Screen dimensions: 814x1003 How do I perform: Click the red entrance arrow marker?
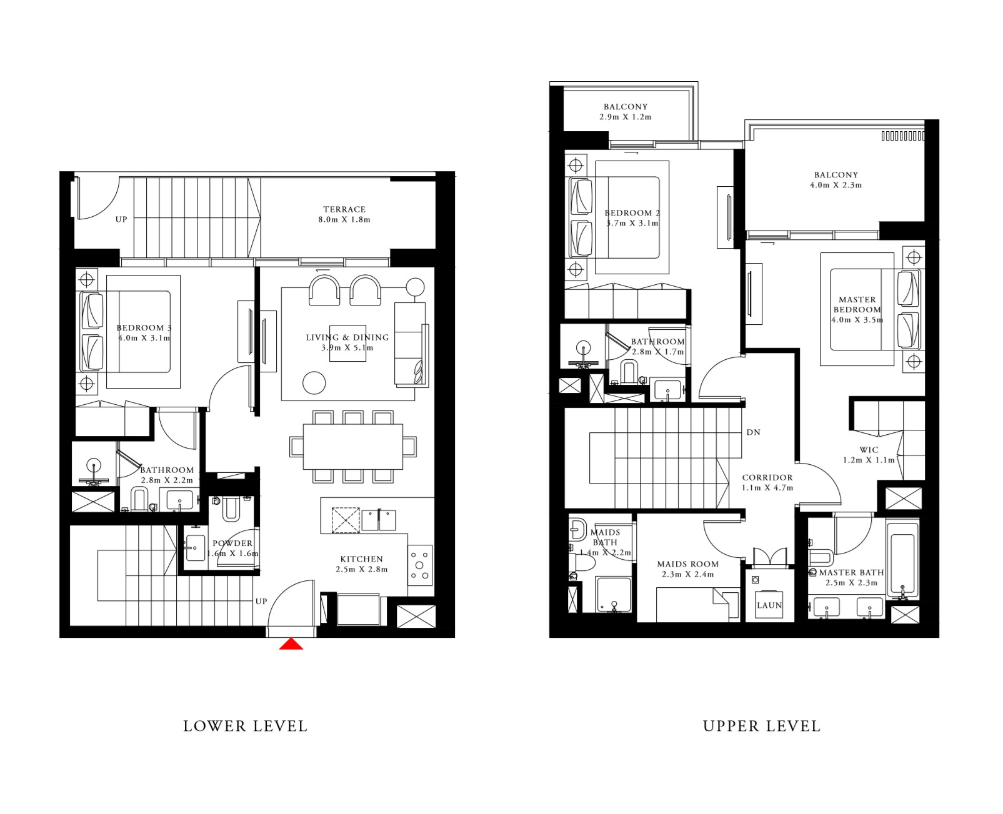click(291, 644)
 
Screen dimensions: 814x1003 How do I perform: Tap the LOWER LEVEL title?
click(245, 726)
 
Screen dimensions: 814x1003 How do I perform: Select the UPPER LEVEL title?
click(761, 726)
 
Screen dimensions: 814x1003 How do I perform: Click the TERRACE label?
click(344, 209)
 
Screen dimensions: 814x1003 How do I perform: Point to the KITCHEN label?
click(361, 559)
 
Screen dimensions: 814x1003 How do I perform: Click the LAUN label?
click(769, 605)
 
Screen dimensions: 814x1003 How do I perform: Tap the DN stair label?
click(753, 432)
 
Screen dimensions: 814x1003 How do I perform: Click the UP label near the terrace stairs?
click(121, 219)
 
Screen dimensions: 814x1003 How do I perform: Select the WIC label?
click(869, 450)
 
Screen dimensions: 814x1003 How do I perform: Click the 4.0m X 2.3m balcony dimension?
click(836, 185)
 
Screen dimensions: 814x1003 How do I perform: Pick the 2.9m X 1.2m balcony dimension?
click(626, 117)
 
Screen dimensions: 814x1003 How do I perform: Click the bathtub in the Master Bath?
click(902, 559)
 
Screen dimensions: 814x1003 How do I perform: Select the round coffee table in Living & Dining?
click(314, 382)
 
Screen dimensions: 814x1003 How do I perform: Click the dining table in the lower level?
click(353, 447)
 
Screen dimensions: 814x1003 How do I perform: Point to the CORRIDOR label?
click(767, 477)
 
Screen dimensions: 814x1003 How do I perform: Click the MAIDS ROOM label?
click(687, 563)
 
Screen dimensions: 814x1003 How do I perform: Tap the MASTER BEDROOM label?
click(857, 304)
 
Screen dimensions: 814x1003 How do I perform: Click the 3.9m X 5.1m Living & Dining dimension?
click(347, 347)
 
